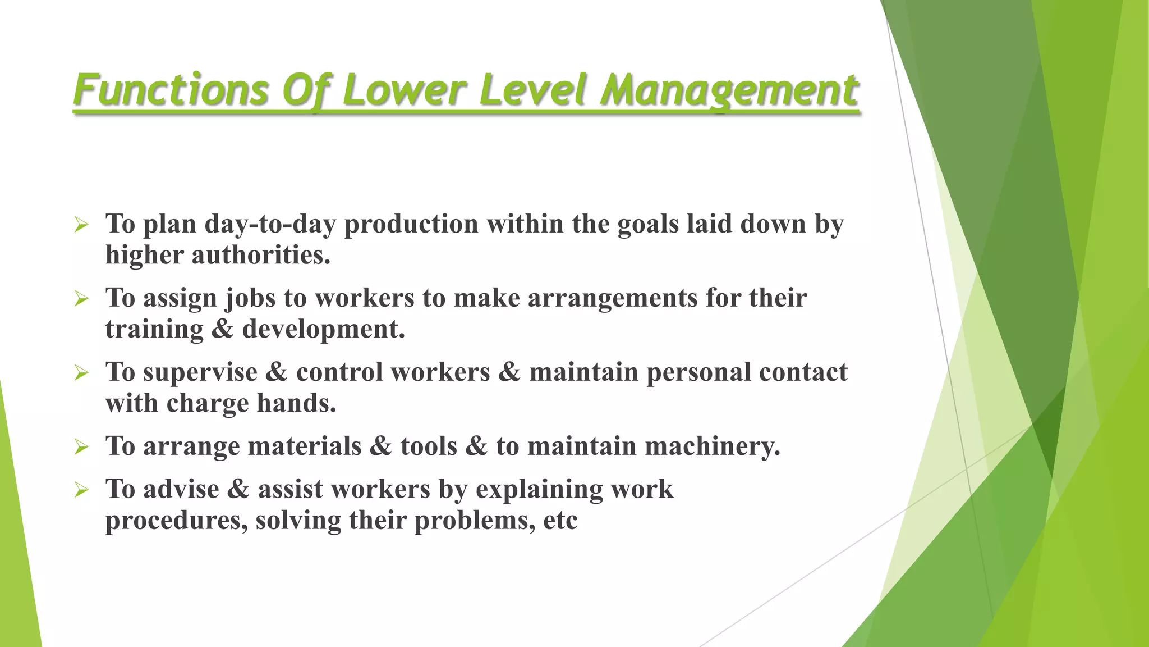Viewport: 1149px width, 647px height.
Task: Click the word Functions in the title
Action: pyautogui.click(x=171, y=90)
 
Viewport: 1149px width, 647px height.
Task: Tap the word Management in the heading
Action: pyautogui.click(x=729, y=90)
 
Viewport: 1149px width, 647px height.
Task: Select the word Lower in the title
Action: pyautogui.click(x=404, y=90)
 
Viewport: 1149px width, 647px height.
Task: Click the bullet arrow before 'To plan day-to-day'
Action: pyautogui.click(x=81, y=226)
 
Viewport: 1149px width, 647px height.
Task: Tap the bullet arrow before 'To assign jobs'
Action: pyautogui.click(x=81, y=299)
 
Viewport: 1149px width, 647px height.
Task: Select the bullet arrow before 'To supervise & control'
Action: pyautogui.click(x=81, y=373)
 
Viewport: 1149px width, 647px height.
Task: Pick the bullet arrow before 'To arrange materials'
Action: pyautogui.click(x=81, y=448)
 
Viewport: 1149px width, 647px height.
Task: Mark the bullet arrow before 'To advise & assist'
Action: pyautogui.click(x=81, y=490)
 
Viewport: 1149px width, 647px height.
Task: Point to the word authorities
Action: pyautogui.click(x=261, y=256)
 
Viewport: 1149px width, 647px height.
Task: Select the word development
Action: pyautogui.click(x=323, y=329)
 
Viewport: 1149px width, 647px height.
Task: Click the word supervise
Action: pyautogui.click(x=200, y=372)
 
